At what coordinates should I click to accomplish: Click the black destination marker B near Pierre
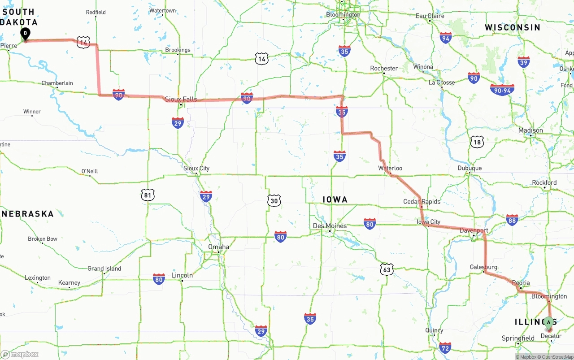(26, 33)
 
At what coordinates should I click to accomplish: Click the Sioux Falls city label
(181, 99)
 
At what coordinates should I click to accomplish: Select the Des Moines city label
(330, 226)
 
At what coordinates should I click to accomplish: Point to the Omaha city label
(218, 247)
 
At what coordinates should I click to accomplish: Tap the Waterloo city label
(390, 168)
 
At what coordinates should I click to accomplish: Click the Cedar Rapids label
(422, 201)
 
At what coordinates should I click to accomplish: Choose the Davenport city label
(474, 230)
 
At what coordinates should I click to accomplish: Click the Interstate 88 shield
(512, 220)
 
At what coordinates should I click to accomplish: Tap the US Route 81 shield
(148, 195)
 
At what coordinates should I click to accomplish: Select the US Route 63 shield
(387, 269)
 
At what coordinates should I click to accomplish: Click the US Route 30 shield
(274, 200)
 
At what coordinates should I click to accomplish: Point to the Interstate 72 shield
(445, 347)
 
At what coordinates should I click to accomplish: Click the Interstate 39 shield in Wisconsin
(523, 62)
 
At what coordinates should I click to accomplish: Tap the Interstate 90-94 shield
(502, 90)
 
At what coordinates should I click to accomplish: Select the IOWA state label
(335, 200)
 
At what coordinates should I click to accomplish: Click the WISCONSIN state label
(512, 27)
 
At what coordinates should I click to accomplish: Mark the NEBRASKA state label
(28, 214)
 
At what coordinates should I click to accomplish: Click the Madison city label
(531, 130)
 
